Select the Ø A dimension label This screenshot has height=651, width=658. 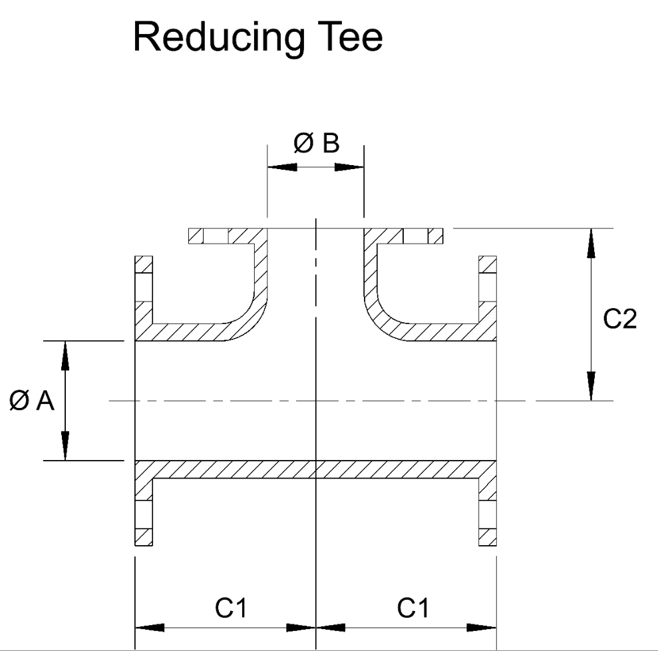(32, 401)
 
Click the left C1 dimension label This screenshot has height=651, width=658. (227, 608)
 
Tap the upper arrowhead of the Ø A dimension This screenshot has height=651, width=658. (65, 355)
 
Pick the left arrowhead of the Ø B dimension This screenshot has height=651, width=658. (282, 166)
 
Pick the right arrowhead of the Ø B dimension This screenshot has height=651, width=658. (349, 166)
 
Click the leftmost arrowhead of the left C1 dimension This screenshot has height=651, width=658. (150, 627)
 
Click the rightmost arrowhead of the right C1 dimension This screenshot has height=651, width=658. (482, 627)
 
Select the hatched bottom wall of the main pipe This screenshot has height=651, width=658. (315, 469)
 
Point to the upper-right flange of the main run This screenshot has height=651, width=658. (488, 280)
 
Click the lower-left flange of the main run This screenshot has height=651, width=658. (144, 513)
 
